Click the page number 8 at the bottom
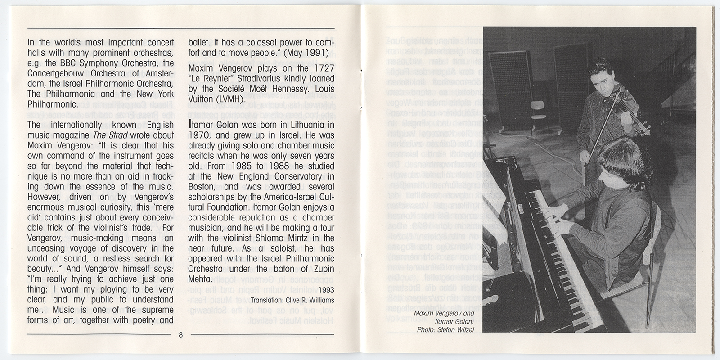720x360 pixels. click(x=180, y=335)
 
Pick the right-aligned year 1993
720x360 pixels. click(x=325, y=290)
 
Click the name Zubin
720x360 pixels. click(x=322, y=269)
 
